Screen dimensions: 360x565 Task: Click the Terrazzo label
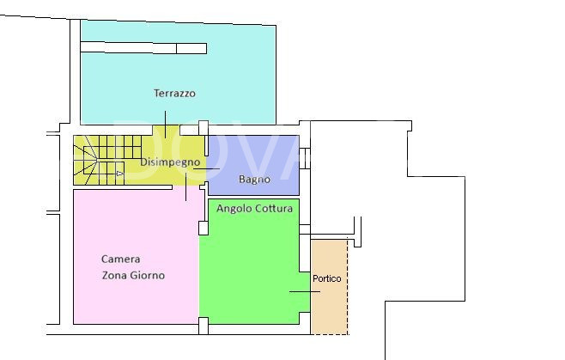[174, 93]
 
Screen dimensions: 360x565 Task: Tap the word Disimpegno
[170, 161]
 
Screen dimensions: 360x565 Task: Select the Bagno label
[253, 180]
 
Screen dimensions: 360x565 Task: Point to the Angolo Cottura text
[254, 208]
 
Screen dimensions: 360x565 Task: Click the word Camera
[120, 259]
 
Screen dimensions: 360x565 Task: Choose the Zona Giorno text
[132, 276]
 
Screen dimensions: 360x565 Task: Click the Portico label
[326, 278]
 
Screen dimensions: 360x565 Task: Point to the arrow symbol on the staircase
[119, 174]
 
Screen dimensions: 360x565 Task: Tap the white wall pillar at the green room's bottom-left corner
[204, 325]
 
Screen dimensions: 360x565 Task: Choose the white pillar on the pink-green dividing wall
[204, 228]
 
